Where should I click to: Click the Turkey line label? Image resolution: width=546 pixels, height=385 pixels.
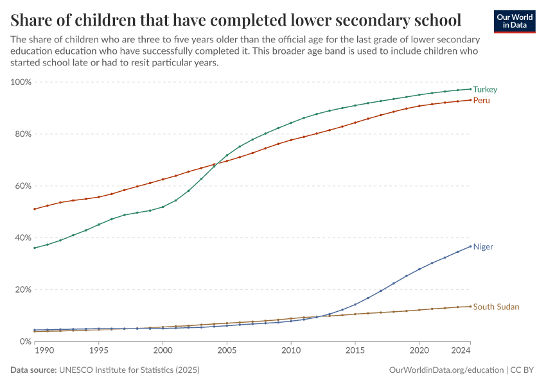click(485, 90)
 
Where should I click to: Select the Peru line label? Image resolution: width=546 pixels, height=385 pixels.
click(482, 101)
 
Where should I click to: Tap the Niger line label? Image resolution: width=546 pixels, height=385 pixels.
click(483, 247)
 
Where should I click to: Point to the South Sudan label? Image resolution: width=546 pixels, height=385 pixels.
click(496, 307)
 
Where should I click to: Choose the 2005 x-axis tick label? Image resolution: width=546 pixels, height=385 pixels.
click(227, 352)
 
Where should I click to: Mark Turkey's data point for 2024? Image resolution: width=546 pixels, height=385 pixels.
click(470, 89)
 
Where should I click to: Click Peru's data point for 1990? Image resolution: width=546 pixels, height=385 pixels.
click(35, 209)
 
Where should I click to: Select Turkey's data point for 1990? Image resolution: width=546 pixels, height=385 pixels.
click(35, 248)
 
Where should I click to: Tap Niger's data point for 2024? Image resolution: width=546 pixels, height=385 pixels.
click(470, 246)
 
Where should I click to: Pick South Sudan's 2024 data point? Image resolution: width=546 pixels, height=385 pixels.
click(470, 306)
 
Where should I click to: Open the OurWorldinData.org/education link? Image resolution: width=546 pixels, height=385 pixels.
click(446, 370)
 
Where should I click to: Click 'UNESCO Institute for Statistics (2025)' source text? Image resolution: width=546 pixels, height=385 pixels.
click(129, 370)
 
